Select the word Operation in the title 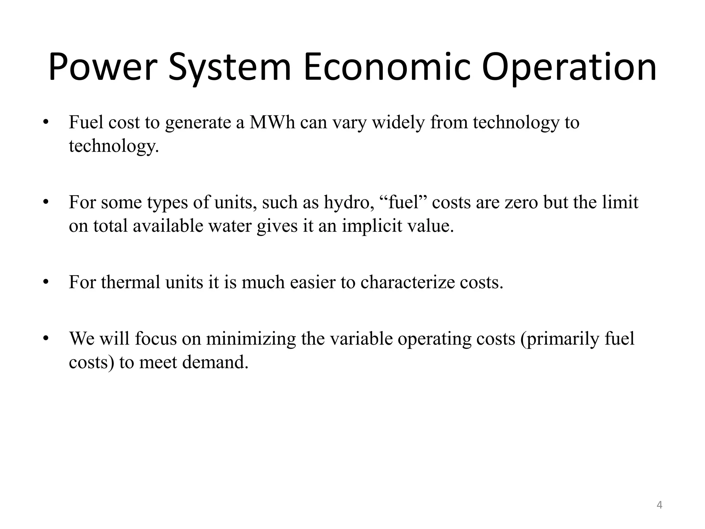(569, 67)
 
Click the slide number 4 (659, 505)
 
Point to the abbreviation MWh (272, 122)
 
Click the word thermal (131, 282)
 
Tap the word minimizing (251, 339)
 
